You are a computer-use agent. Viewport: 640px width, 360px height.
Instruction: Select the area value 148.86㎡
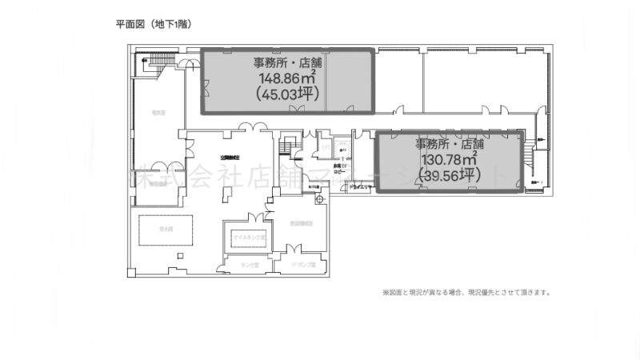tap(286, 78)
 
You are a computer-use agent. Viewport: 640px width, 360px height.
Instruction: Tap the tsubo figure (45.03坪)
tap(285, 93)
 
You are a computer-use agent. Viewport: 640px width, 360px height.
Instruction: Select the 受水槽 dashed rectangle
tap(166, 230)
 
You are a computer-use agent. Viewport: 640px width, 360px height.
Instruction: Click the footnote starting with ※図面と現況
tap(466, 293)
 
